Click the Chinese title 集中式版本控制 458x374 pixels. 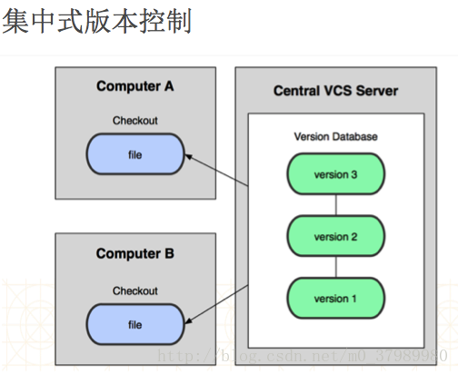coord(97,21)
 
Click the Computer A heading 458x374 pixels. coord(135,86)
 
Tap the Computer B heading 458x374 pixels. coord(135,253)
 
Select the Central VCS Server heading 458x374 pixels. coord(335,91)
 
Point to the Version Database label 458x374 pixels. coord(335,137)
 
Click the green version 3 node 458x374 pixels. coord(336,174)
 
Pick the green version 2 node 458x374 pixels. coord(336,236)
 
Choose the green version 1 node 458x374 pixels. coord(336,298)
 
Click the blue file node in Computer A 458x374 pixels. coord(135,154)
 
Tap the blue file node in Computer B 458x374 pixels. coord(135,324)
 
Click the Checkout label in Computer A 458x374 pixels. coord(135,121)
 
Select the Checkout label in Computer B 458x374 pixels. coord(135,290)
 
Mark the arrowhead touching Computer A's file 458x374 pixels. coord(188,157)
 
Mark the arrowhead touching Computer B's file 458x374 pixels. coord(188,321)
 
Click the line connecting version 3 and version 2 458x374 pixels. coord(336,205)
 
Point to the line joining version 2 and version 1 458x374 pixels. coord(336,267)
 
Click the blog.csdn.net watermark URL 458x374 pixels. coord(303,356)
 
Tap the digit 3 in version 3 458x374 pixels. coord(353,174)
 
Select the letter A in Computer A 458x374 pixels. coord(169,86)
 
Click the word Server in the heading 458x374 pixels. coord(377,91)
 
